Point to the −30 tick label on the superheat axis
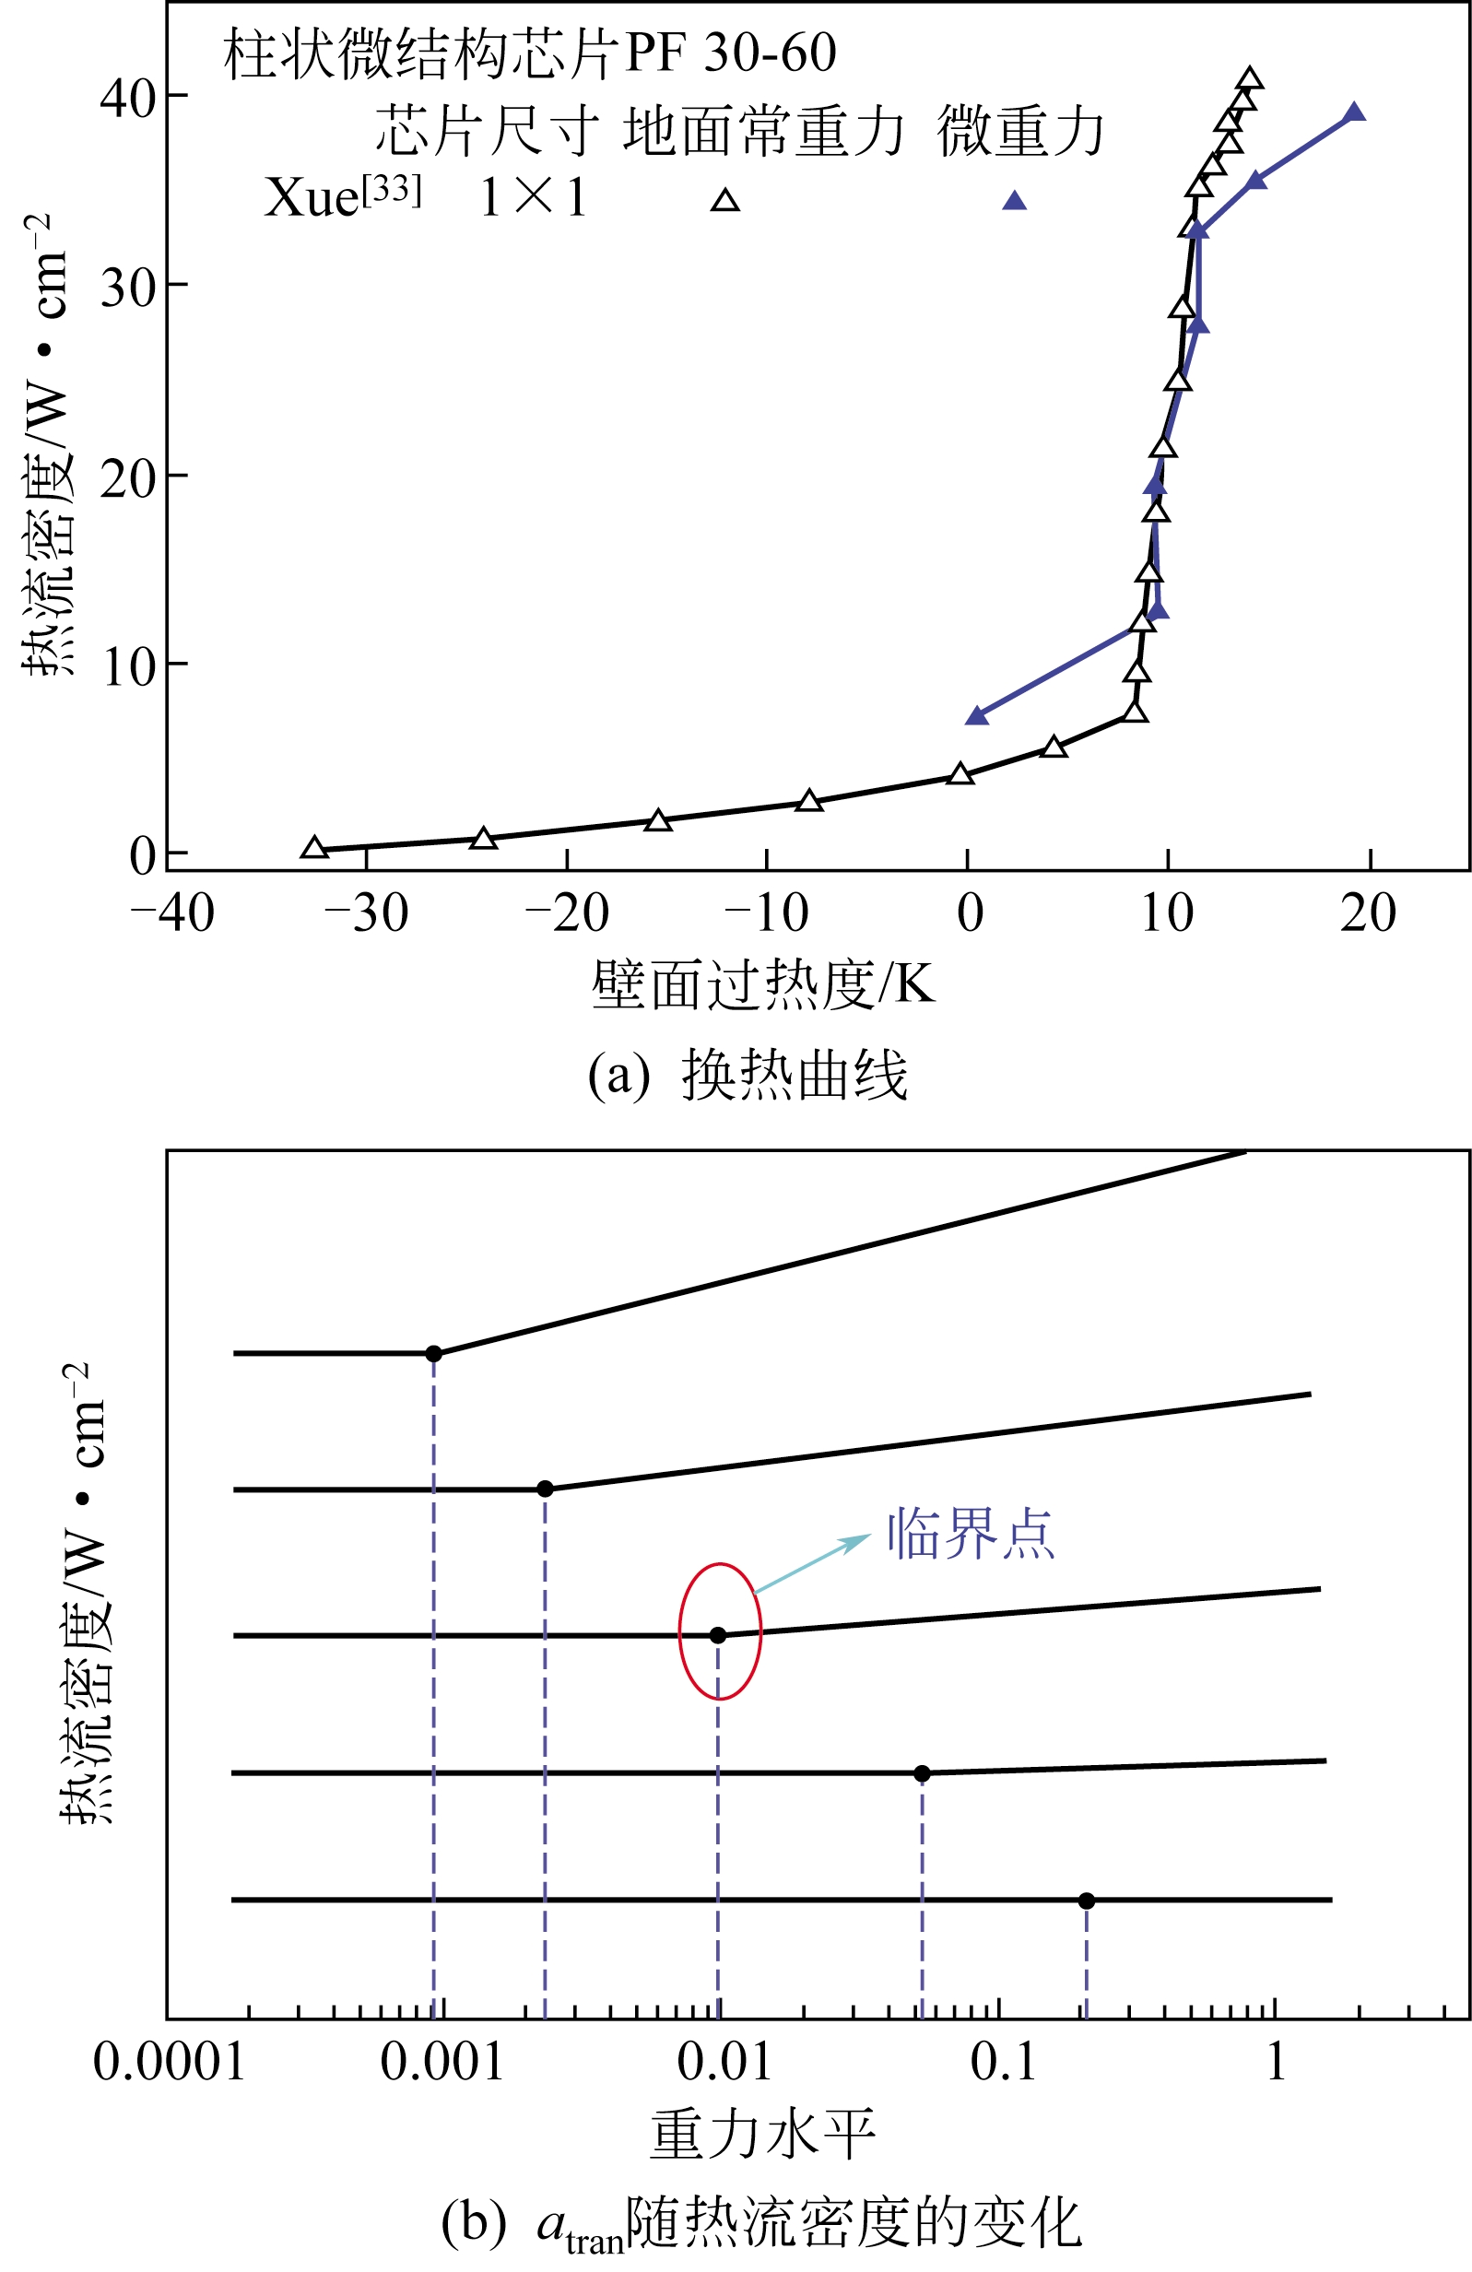(367, 913)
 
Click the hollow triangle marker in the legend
(725, 199)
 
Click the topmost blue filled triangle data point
(1353, 112)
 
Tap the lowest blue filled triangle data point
(976, 716)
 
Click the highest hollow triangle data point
(1250, 79)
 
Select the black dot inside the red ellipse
(718, 1635)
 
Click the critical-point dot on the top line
(433, 1354)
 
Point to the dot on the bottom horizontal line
(1087, 1901)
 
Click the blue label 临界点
(970, 1535)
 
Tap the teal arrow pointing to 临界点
(812, 1562)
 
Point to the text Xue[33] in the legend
(341, 197)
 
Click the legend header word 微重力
(1019, 131)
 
